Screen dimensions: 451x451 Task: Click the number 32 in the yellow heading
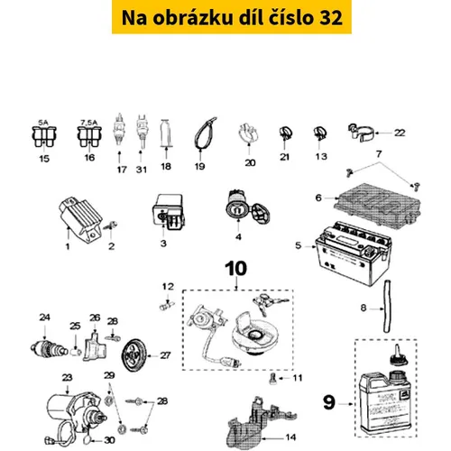coord(330,17)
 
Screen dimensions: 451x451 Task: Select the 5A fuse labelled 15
coord(44,137)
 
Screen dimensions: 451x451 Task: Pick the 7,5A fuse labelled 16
coord(89,137)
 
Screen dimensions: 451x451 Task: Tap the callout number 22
coord(400,133)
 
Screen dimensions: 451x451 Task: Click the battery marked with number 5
coord(353,253)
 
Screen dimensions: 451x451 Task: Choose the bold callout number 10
coord(236,268)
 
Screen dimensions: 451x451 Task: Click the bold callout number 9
coord(328,402)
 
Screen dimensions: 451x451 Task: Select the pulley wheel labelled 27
coord(134,355)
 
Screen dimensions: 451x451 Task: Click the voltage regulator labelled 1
coord(80,220)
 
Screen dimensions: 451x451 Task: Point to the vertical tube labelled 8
coord(388,306)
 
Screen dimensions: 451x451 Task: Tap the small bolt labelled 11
coord(273,378)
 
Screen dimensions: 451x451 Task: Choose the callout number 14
coord(290,437)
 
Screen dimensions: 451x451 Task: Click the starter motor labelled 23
coord(76,412)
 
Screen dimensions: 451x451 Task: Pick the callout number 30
coord(109,440)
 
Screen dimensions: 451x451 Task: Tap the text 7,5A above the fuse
coord(89,123)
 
